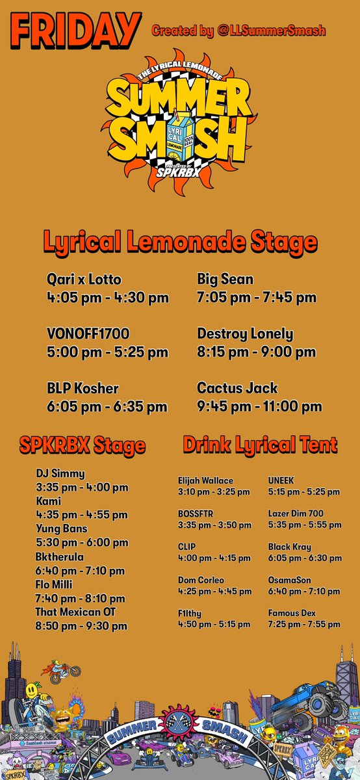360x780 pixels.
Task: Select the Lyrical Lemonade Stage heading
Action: (x=180, y=242)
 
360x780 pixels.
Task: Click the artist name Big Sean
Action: (x=225, y=279)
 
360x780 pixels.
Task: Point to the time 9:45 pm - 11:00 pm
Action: (x=259, y=407)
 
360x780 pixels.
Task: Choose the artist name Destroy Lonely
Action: (x=245, y=334)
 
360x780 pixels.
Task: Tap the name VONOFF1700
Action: (x=89, y=334)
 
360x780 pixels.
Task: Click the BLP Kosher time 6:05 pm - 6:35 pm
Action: (x=107, y=407)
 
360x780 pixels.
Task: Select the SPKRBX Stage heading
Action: (x=82, y=446)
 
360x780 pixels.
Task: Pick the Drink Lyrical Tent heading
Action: (x=260, y=445)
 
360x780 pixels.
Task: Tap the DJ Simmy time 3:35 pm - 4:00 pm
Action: (x=82, y=487)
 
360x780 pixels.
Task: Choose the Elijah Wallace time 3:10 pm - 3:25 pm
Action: (x=214, y=492)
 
